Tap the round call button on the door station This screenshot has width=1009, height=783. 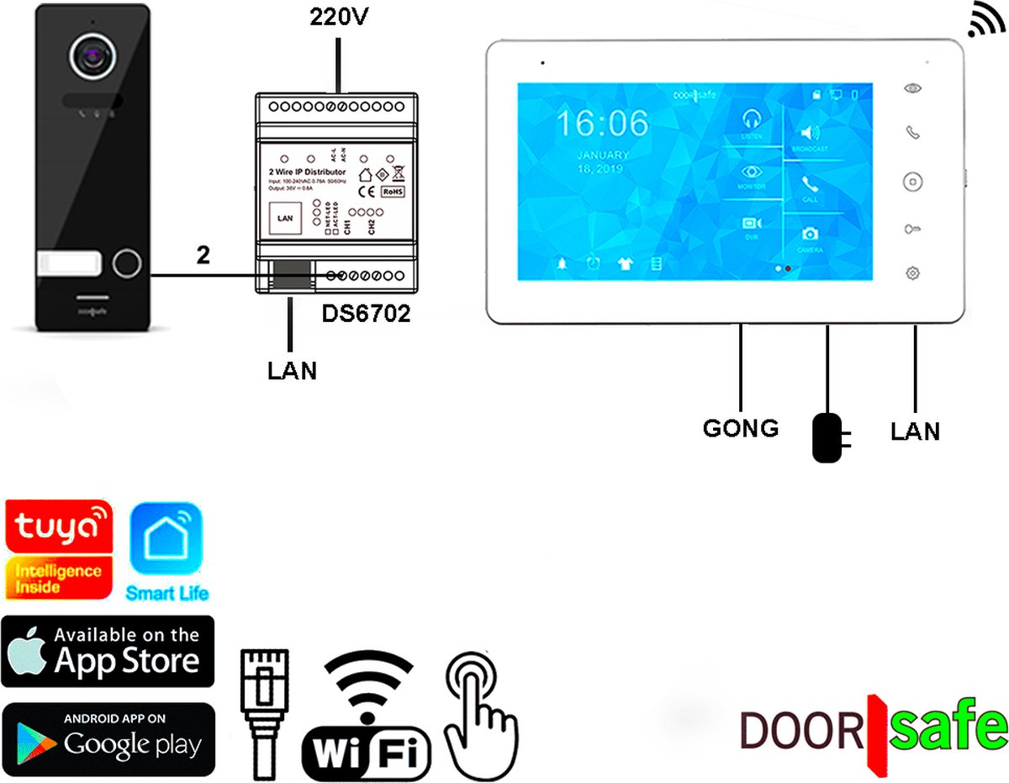(x=127, y=262)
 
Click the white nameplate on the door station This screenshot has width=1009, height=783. (x=68, y=263)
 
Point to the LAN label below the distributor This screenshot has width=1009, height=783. (x=291, y=371)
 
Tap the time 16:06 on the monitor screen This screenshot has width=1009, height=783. (x=603, y=124)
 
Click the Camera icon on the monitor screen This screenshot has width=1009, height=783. (x=810, y=235)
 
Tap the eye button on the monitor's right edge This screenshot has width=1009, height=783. (x=913, y=88)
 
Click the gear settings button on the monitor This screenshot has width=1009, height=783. (x=913, y=272)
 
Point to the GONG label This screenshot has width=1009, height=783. (x=740, y=428)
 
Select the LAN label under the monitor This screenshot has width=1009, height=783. (x=916, y=431)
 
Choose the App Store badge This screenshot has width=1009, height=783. (x=108, y=652)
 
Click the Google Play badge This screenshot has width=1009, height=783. (x=108, y=738)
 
